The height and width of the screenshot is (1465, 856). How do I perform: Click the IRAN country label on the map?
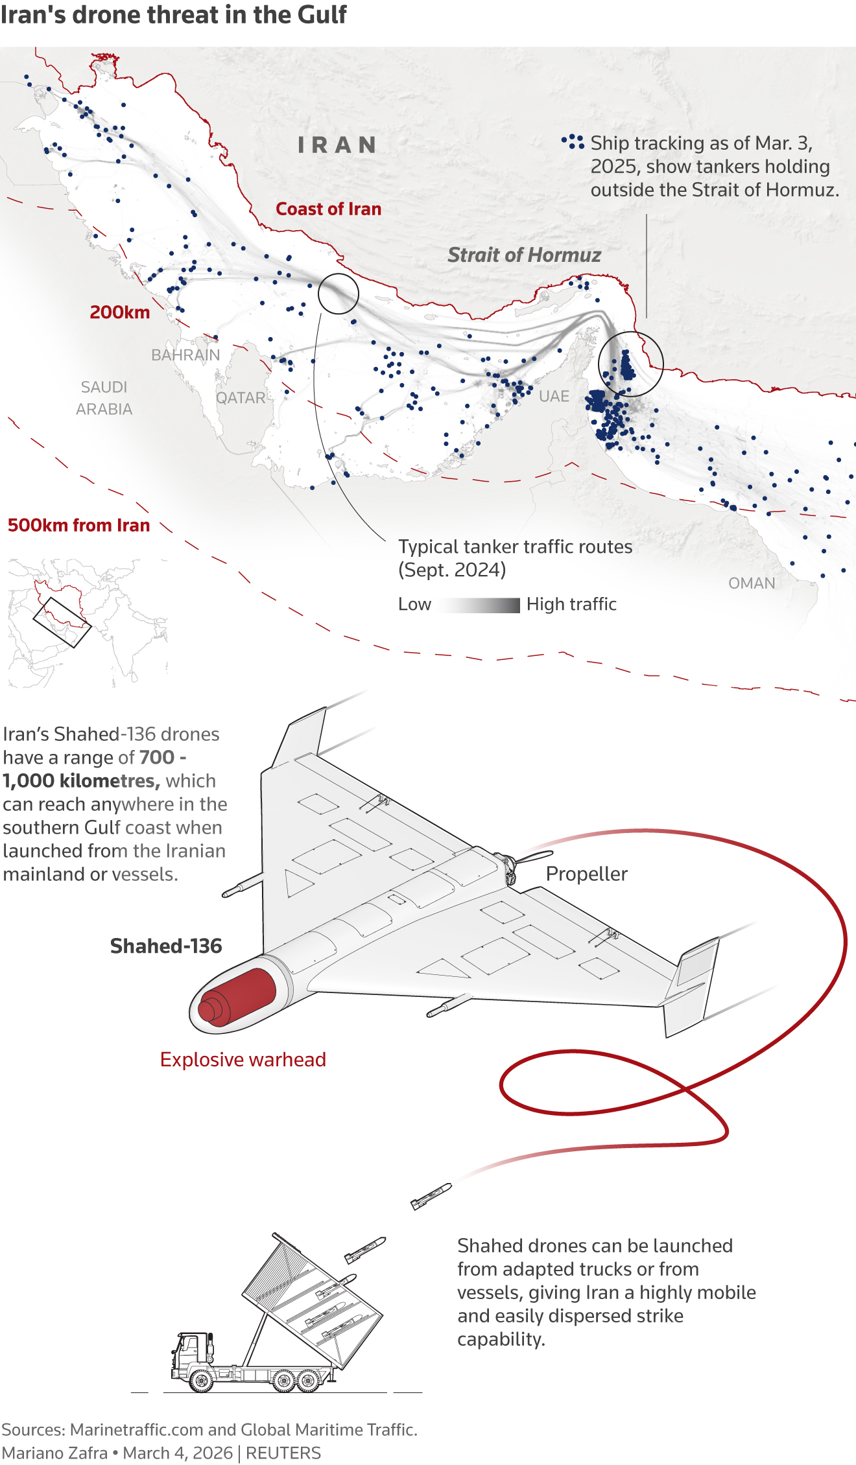337,145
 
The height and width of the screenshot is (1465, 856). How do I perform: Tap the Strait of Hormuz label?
524,255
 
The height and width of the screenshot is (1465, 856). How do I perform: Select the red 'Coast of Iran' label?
328,209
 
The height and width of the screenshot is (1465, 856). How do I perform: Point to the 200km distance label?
120,312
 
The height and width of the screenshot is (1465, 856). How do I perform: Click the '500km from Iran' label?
78,525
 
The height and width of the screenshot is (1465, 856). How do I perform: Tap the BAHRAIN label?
185,355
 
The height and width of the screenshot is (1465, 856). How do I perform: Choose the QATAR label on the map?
241,398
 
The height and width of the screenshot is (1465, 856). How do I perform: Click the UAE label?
554,396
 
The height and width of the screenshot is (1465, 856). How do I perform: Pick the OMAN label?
752,583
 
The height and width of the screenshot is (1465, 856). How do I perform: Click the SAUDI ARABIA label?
104,398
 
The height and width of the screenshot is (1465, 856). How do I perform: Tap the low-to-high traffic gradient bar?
480,605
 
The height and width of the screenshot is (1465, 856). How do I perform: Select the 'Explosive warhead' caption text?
243,1060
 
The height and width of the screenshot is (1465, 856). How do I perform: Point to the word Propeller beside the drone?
586,874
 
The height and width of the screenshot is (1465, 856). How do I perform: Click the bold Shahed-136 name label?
166,946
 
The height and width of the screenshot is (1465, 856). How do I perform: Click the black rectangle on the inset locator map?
62,622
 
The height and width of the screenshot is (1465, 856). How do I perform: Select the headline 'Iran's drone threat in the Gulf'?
174,16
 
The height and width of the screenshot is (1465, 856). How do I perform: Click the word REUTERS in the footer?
283,1453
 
